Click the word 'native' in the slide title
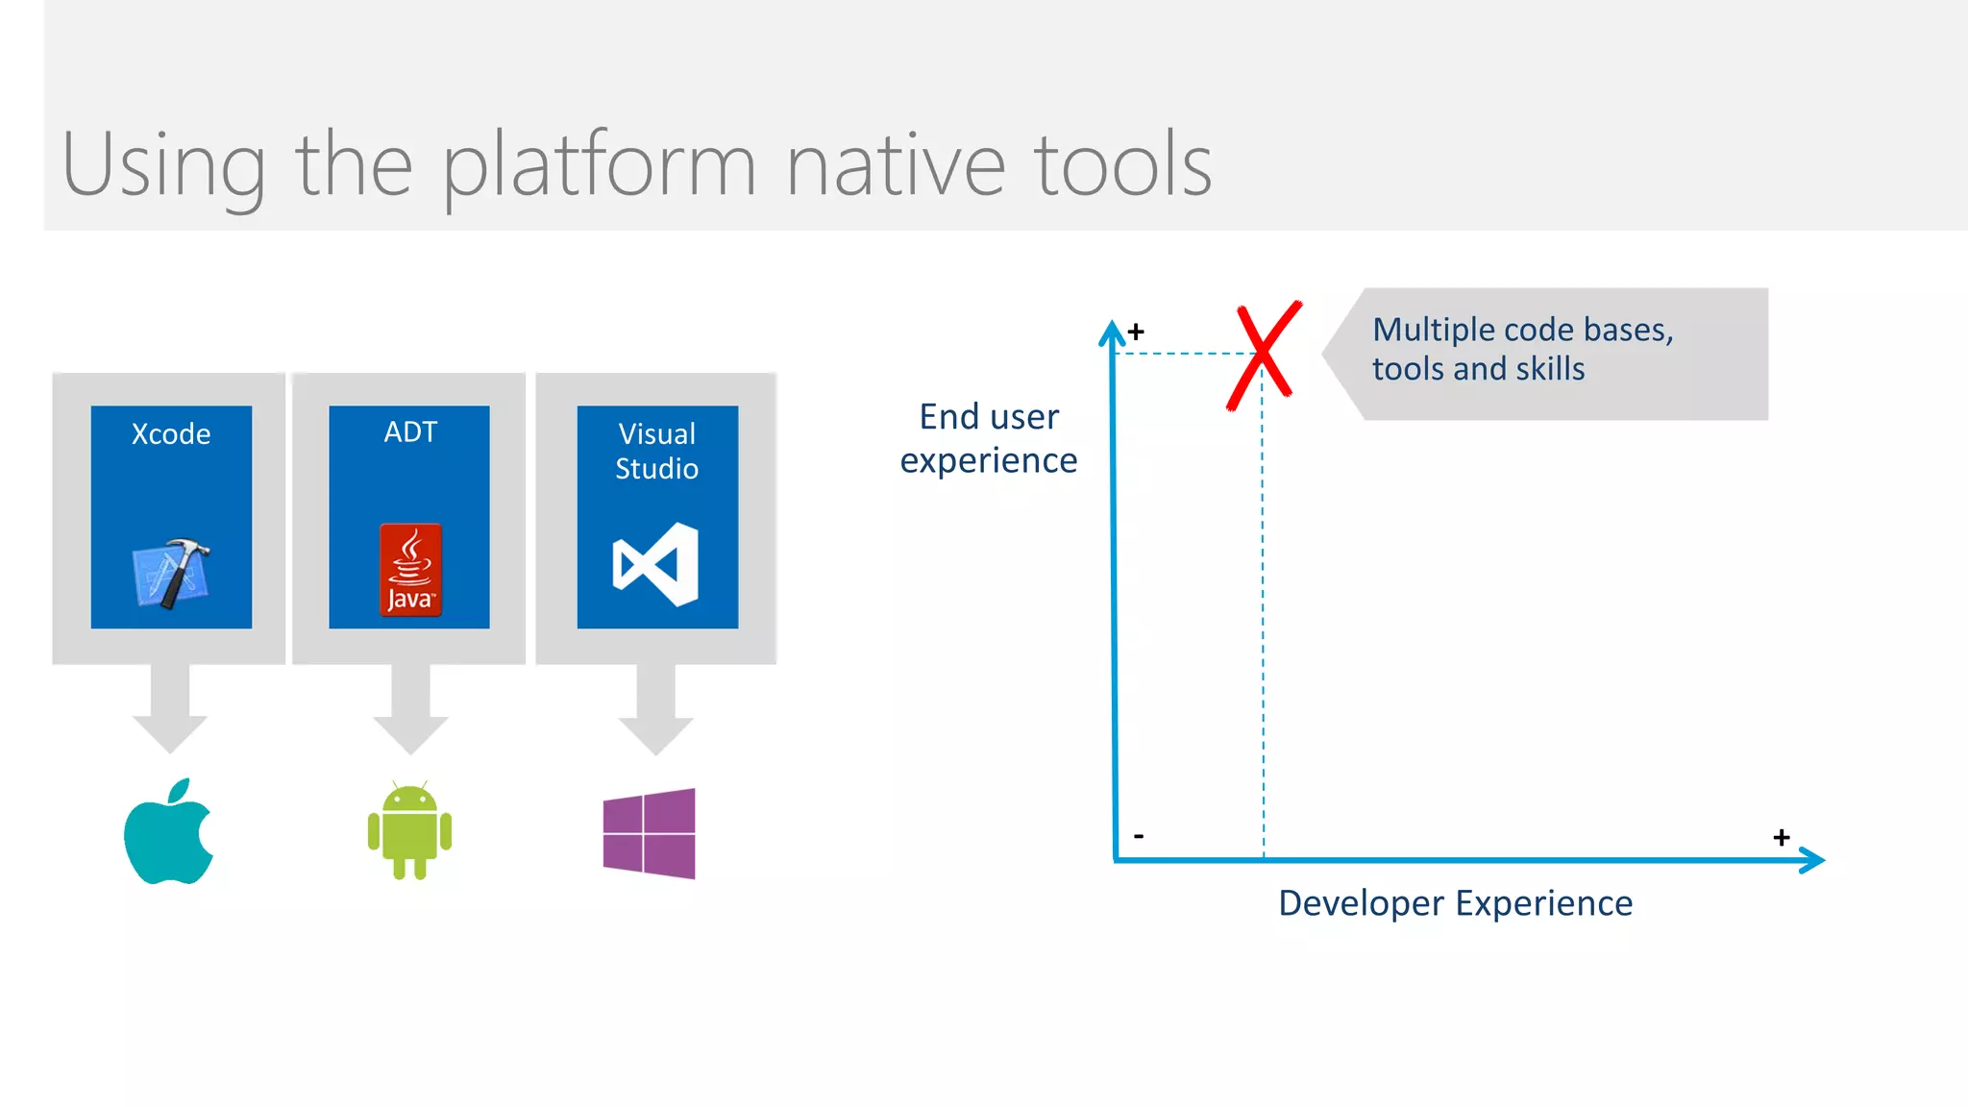coord(895,166)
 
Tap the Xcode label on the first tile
coord(171,434)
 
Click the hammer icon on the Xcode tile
coord(172,574)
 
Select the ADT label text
coord(410,432)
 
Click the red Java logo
coord(410,570)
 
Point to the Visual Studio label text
coord(657,451)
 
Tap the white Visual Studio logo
coord(656,564)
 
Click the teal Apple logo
coord(169,833)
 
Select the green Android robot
coord(409,831)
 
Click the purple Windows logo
coord(650,833)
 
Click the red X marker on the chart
coord(1264,355)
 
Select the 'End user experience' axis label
coord(989,439)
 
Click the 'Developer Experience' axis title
coord(1455,903)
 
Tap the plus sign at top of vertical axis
coord(1136,332)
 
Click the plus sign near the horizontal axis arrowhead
coord(1781,838)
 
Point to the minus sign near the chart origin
coord(1139,836)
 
